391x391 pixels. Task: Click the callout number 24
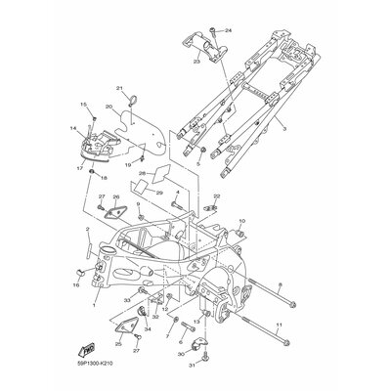pos(230,31)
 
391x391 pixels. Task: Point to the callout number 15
pos(83,104)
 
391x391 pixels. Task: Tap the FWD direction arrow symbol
pos(86,347)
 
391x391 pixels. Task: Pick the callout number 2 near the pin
pos(88,256)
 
